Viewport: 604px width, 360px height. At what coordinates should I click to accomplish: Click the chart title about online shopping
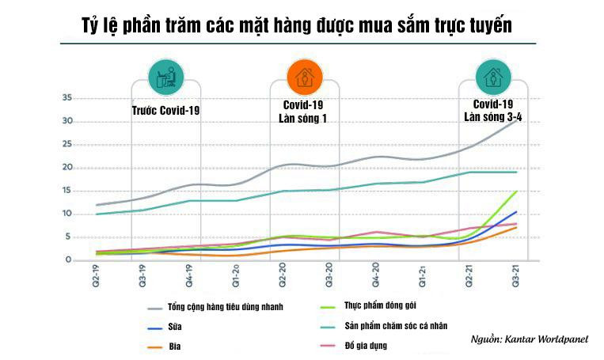296,26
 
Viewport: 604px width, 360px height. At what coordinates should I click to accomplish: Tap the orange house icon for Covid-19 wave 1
303,78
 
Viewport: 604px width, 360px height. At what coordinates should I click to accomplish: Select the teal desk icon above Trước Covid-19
166,78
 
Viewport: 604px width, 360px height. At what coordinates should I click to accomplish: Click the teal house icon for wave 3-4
492,78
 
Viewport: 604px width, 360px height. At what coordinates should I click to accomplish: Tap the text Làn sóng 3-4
492,116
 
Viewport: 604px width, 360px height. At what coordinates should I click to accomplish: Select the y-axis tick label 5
69,237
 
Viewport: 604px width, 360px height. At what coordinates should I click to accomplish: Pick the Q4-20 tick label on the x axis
377,278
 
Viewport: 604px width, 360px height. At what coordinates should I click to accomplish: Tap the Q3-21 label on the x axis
516,278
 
